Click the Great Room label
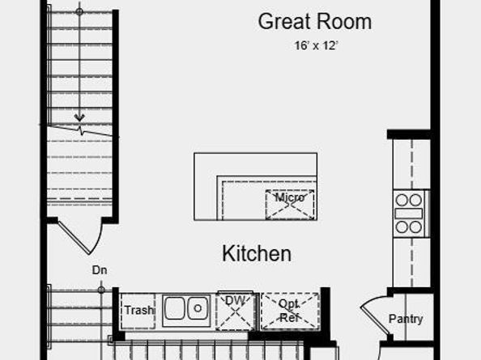(314, 22)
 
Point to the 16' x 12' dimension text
(316, 46)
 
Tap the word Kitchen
(257, 254)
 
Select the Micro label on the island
(290, 197)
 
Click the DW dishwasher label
(235, 301)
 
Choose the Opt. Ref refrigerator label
(289, 311)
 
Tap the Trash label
(138, 310)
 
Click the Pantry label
(405, 319)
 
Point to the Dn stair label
(99, 270)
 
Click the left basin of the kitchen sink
(175, 309)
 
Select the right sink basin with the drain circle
(197, 309)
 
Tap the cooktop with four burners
(409, 214)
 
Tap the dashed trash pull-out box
(138, 311)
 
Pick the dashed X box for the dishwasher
(235, 311)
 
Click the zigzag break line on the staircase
(79, 129)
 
